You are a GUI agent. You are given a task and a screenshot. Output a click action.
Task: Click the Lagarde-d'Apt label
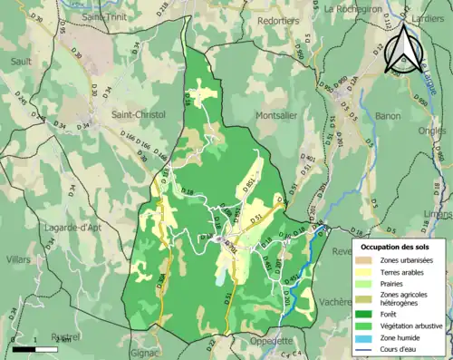click(x=71, y=228)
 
